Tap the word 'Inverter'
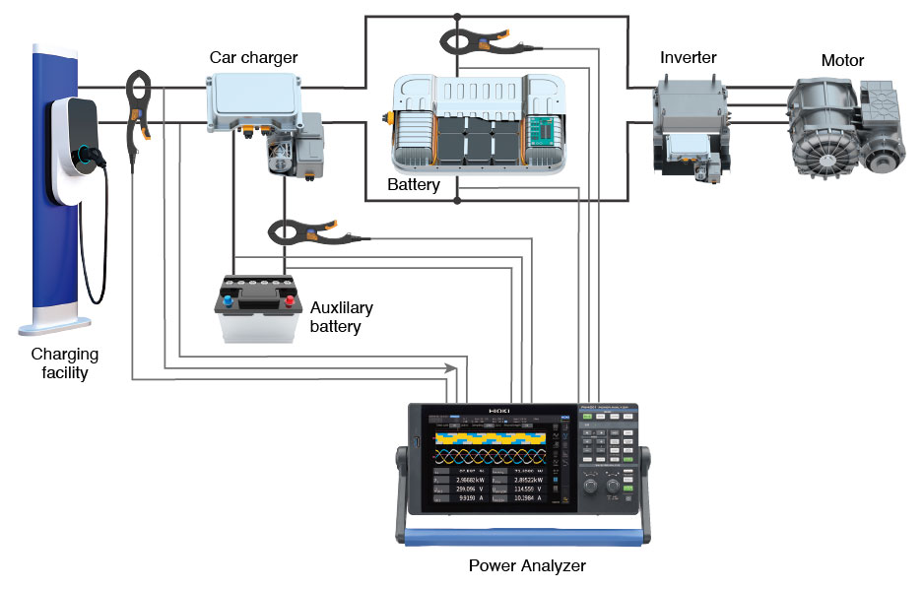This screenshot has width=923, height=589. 688,57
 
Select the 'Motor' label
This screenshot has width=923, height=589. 842,61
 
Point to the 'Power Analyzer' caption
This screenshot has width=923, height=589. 527,566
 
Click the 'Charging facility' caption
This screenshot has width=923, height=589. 65,363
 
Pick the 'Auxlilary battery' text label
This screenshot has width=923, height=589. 341,316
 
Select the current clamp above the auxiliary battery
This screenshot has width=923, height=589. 313,233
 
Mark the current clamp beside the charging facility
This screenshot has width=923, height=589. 137,108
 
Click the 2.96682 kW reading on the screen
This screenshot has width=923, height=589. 466,479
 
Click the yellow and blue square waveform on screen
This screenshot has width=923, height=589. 489,435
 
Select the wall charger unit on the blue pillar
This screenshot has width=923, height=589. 79,148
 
